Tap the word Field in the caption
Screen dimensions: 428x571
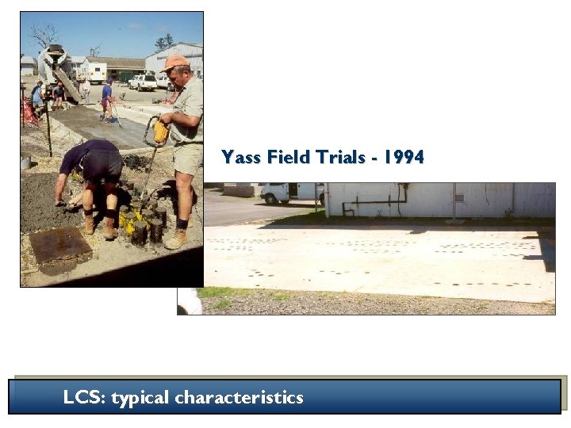[289, 157]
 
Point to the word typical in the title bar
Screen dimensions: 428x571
[140, 397]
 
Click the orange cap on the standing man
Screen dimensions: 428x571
[175, 62]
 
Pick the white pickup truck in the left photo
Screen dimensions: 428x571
[143, 82]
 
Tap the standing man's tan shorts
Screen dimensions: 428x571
[187, 158]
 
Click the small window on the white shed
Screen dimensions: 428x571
[459, 197]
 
